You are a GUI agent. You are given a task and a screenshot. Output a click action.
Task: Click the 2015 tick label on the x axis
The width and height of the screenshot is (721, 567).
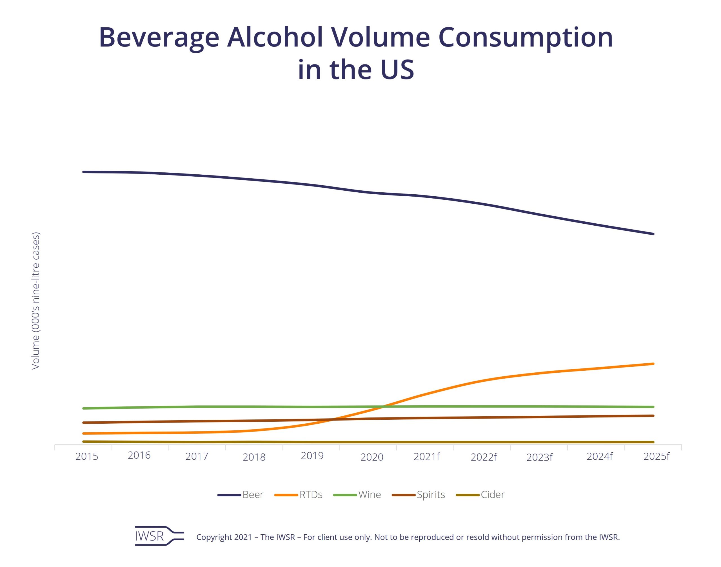[87, 457]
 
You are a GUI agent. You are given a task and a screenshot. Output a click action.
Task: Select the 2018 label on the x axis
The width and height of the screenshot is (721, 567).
[254, 457]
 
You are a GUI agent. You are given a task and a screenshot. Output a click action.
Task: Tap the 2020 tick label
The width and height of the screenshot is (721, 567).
[372, 457]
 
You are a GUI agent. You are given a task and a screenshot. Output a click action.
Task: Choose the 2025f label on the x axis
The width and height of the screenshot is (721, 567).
[656, 457]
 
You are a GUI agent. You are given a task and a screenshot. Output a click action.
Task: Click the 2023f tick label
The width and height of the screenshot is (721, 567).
[539, 457]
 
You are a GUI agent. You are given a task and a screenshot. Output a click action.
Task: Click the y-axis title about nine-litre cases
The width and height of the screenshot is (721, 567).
[35, 301]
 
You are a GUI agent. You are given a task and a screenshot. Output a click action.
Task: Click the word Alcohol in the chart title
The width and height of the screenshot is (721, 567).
[275, 37]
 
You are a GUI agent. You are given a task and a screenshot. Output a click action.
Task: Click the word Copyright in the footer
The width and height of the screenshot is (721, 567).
[213, 537]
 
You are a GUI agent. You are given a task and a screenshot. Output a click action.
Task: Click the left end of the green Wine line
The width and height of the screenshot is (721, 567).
[83, 408]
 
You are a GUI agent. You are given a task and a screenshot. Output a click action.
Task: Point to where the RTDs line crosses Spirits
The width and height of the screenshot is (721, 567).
[332, 420]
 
